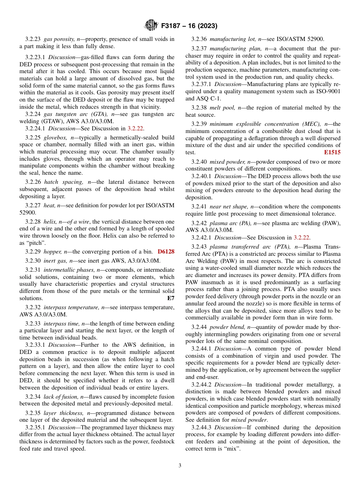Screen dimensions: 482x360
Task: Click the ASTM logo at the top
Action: click(151, 26)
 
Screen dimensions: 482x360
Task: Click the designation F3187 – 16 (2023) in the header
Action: click(189, 26)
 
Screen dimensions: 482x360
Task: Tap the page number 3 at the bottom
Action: click(180, 466)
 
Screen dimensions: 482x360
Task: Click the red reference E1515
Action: click(332, 152)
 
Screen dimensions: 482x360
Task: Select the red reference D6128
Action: click(166, 252)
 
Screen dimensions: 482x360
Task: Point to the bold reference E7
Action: click(171, 298)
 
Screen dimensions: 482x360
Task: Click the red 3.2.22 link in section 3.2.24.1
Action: click(135, 128)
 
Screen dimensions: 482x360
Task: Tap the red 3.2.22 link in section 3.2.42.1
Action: click(302, 238)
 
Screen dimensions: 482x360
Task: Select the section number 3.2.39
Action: click(199, 124)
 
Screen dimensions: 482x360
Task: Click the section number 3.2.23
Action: click(33, 39)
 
